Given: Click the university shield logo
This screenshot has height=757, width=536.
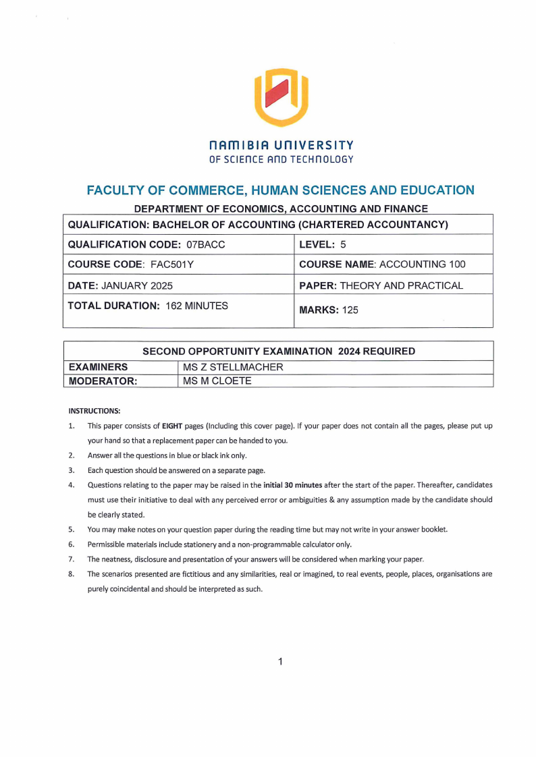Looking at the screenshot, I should pyautogui.click(x=281, y=97).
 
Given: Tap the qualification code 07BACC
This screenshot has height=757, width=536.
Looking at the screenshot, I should pyautogui.click(x=205, y=244).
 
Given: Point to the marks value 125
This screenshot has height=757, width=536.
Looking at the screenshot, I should pyautogui.click(x=350, y=310).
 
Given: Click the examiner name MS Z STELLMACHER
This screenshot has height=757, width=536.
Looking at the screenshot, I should pyautogui.click(x=233, y=367).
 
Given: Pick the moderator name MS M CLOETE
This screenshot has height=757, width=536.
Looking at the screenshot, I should pyautogui.click(x=217, y=381).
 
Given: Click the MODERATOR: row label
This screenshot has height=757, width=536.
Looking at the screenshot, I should pyautogui.click(x=103, y=381).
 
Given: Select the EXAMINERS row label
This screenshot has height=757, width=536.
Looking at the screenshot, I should pyautogui.click(x=99, y=367).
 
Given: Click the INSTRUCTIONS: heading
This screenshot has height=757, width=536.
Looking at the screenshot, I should pyautogui.click(x=95, y=410).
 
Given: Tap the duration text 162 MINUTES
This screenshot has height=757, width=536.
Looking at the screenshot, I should pyautogui.click(x=196, y=306).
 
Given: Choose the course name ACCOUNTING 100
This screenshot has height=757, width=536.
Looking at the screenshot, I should pyautogui.click(x=422, y=264).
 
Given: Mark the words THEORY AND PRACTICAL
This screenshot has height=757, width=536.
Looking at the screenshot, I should pyautogui.click(x=401, y=285).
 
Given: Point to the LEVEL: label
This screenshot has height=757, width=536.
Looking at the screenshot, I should pyautogui.click(x=317, y=244).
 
